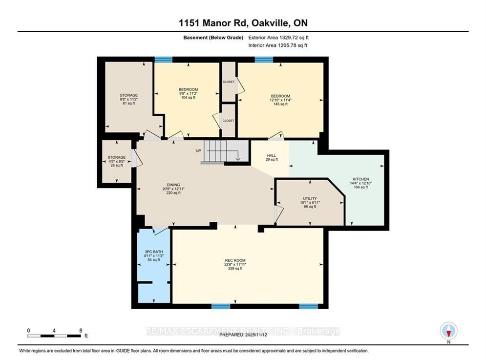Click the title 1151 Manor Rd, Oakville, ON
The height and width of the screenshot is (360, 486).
243,23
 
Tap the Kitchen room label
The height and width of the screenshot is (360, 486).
360,183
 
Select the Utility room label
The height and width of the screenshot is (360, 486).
310,203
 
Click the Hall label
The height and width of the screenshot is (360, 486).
272,157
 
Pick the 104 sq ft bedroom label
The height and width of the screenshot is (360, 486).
188,93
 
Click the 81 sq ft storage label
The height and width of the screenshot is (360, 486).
129,99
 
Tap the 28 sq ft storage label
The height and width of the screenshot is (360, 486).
117,161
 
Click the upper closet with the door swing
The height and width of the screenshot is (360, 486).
229,82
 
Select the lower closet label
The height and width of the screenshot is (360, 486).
229,120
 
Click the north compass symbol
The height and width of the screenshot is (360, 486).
448,331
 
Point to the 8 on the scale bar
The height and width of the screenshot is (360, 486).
80,330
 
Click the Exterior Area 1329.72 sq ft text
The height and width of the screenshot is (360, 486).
278,37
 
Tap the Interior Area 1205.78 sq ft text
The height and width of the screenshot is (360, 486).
278,45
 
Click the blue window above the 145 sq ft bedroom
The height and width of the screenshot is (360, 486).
264,60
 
